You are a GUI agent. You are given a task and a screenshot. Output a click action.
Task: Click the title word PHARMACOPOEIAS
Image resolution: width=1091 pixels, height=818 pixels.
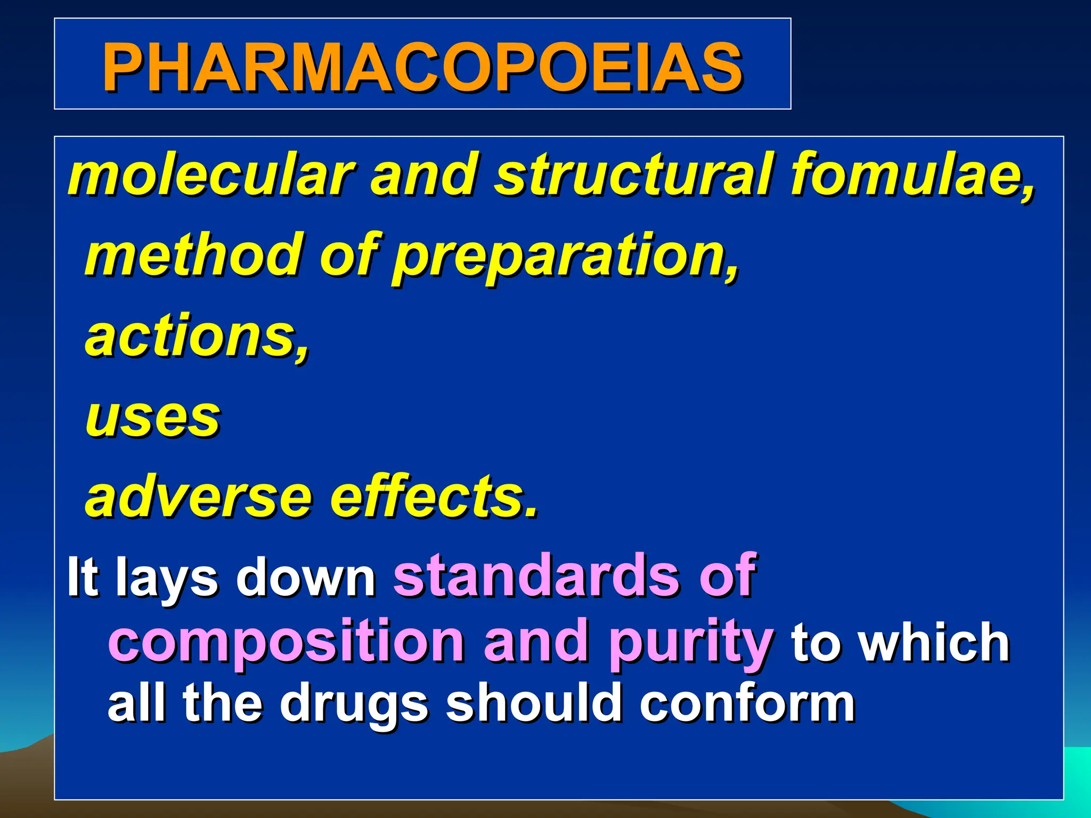point(422,67)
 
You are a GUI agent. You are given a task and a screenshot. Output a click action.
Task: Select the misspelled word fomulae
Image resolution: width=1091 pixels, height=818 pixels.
point(911,175)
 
